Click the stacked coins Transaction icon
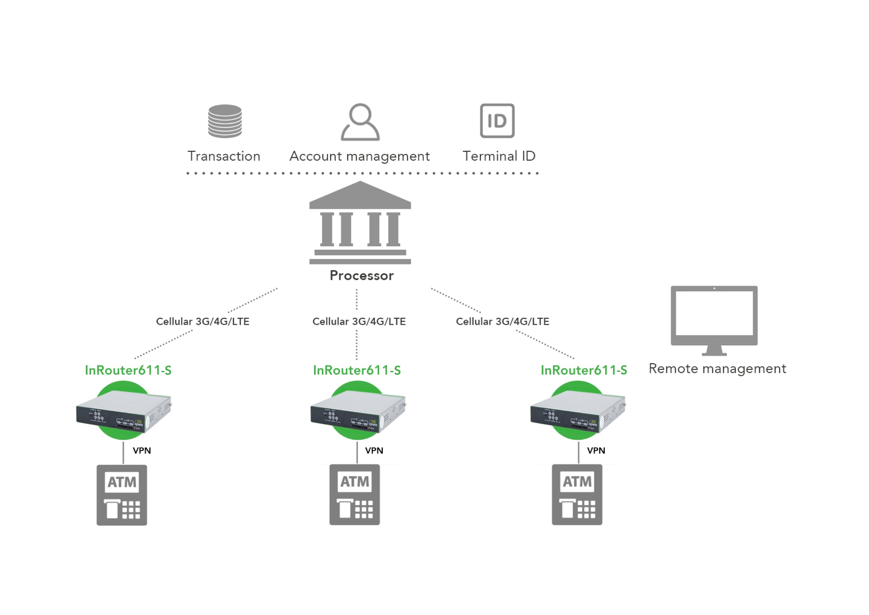[225, 121]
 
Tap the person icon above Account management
[360, 122]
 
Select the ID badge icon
[497, 121]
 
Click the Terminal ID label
[499, 156]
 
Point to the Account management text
[359, 156]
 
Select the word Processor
[361, 275]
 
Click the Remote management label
[717, 368]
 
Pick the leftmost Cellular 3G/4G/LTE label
[203, 321]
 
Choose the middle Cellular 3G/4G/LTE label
[359, 321]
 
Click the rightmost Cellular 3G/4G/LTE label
[502, 321]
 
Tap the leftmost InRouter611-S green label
[128, 370]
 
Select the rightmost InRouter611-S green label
[584, 370]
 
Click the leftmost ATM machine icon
[122, 495]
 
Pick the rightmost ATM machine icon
[577, 494]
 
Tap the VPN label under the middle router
[374, 451]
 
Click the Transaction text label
[224, 156]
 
